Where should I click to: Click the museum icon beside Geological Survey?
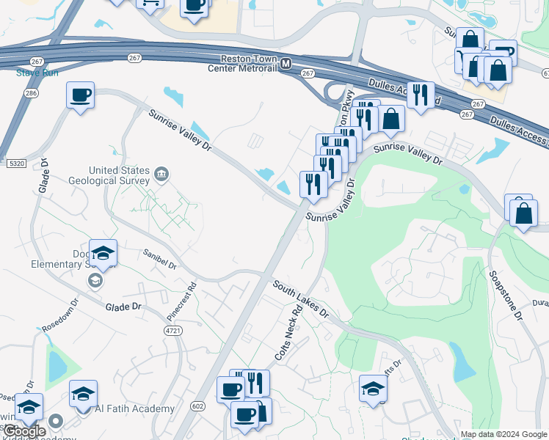click(x=161, y=175)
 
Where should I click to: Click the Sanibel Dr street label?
click(x=159, y=257)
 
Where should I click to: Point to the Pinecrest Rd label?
click(x=183, y=301)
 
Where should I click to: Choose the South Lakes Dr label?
click(x=301, y=298)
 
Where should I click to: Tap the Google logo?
click(x=24, y=431)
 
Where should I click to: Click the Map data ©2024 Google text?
click(x=503, y=434)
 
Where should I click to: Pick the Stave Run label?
click(x=32, y=73)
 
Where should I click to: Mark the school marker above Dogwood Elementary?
click(x=103, y=254)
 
